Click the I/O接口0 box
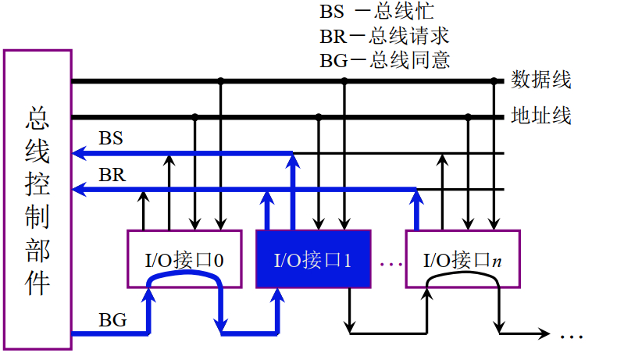(x=184, y=259)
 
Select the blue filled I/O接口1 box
(x=312, y=259)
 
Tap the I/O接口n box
(x=462, y=259)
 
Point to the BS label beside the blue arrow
(x=111, y=138)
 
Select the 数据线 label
(x=541, y=80)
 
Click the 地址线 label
(x=541, y=116)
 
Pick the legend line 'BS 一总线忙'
(x=376, y=13)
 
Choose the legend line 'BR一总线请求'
(x=384, y=37)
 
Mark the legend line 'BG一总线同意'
(x=384, y=60)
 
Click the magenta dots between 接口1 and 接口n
(x=389, y=264)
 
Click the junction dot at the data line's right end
(x=494, y=80)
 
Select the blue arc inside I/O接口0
(x=184, y=285)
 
